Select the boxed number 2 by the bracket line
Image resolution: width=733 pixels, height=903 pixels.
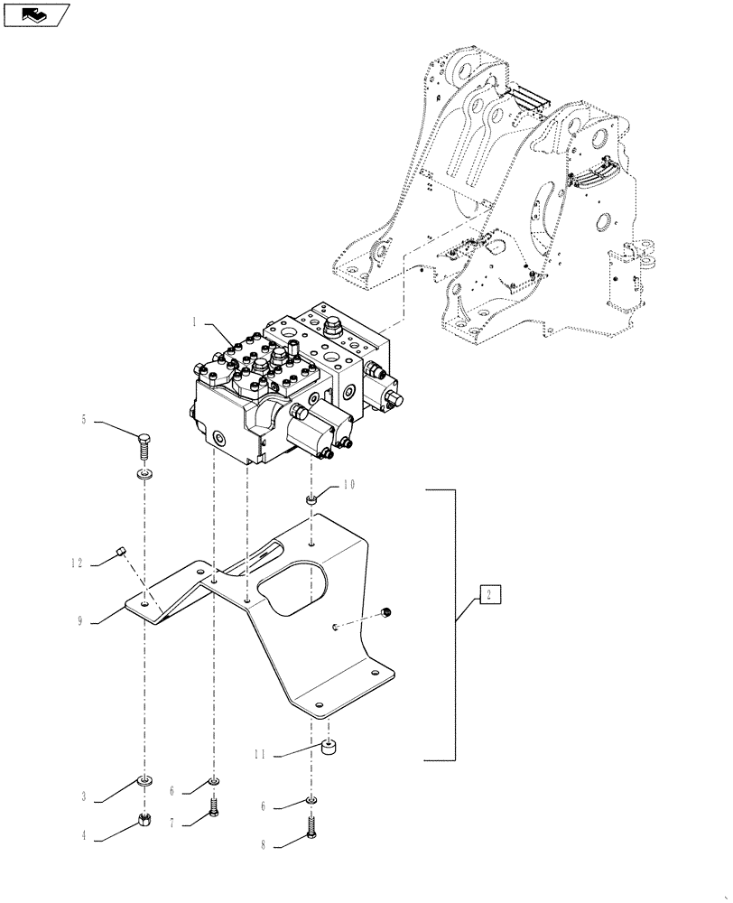[487, 594]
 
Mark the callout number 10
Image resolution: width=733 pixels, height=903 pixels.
[348, 485]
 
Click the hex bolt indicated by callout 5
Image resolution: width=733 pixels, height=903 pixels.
[144, 446]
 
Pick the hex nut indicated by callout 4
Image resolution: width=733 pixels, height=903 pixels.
[144, 820]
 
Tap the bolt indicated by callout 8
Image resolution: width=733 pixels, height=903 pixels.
[311, 829]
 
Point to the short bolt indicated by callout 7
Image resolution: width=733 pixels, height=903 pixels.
[213, 806]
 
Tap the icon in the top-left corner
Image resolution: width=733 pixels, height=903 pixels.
[37, 14]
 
